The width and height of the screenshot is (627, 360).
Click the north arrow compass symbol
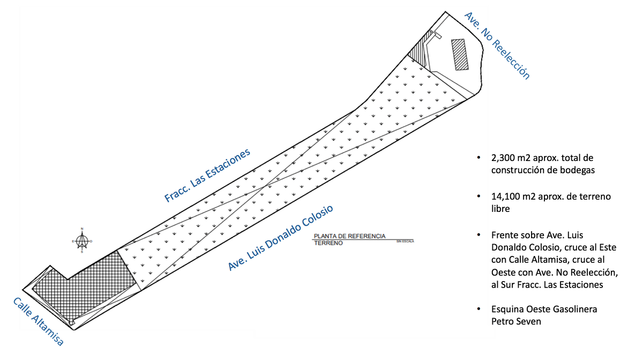(x=82, y=241)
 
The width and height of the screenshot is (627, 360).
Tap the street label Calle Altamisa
(x=38, y=321)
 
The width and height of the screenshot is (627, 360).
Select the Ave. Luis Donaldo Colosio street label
(x=281, y=238)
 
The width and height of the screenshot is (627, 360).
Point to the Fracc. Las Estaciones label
(x=207, y=175)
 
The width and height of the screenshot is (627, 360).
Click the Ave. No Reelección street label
(x=497, y=46)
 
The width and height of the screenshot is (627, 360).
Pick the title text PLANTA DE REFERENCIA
(x=350, y=236)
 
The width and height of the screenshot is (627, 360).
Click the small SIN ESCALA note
(x=405, y=241)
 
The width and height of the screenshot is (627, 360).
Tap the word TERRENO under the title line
(x=328, y=243)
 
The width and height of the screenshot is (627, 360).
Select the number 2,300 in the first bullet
(x=502, y=158)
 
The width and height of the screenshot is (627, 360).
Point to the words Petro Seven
(x=516, y=321)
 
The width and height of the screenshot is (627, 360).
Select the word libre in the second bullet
(x=500, y=208)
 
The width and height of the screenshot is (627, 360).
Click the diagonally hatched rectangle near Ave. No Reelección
(x=460, y=54)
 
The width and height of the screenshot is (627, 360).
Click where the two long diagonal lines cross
(x=265, y=186)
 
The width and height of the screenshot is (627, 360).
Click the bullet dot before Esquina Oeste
(x=478, y=309)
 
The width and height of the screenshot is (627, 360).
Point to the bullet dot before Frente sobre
(x=478, y=235)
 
